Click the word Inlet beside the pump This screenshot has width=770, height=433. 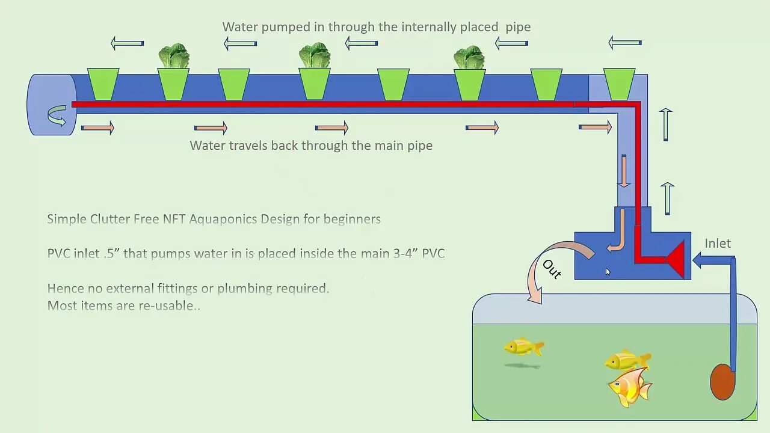click(718, 244)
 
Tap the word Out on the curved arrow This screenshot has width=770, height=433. click(552, 269)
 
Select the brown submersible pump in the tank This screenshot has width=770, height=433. click(722, 382)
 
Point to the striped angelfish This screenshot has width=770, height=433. click(629, 387)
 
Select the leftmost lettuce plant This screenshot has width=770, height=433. click(174, 56)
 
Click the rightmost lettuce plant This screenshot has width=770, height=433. click(469, 57)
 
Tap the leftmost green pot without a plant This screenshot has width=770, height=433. click(103, 84)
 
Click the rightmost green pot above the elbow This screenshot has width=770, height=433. click(619, 84)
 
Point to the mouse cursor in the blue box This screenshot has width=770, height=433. click(608, 272)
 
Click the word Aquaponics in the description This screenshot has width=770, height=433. click(244, 219)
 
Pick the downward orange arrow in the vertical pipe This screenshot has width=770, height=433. click(624, 171)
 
